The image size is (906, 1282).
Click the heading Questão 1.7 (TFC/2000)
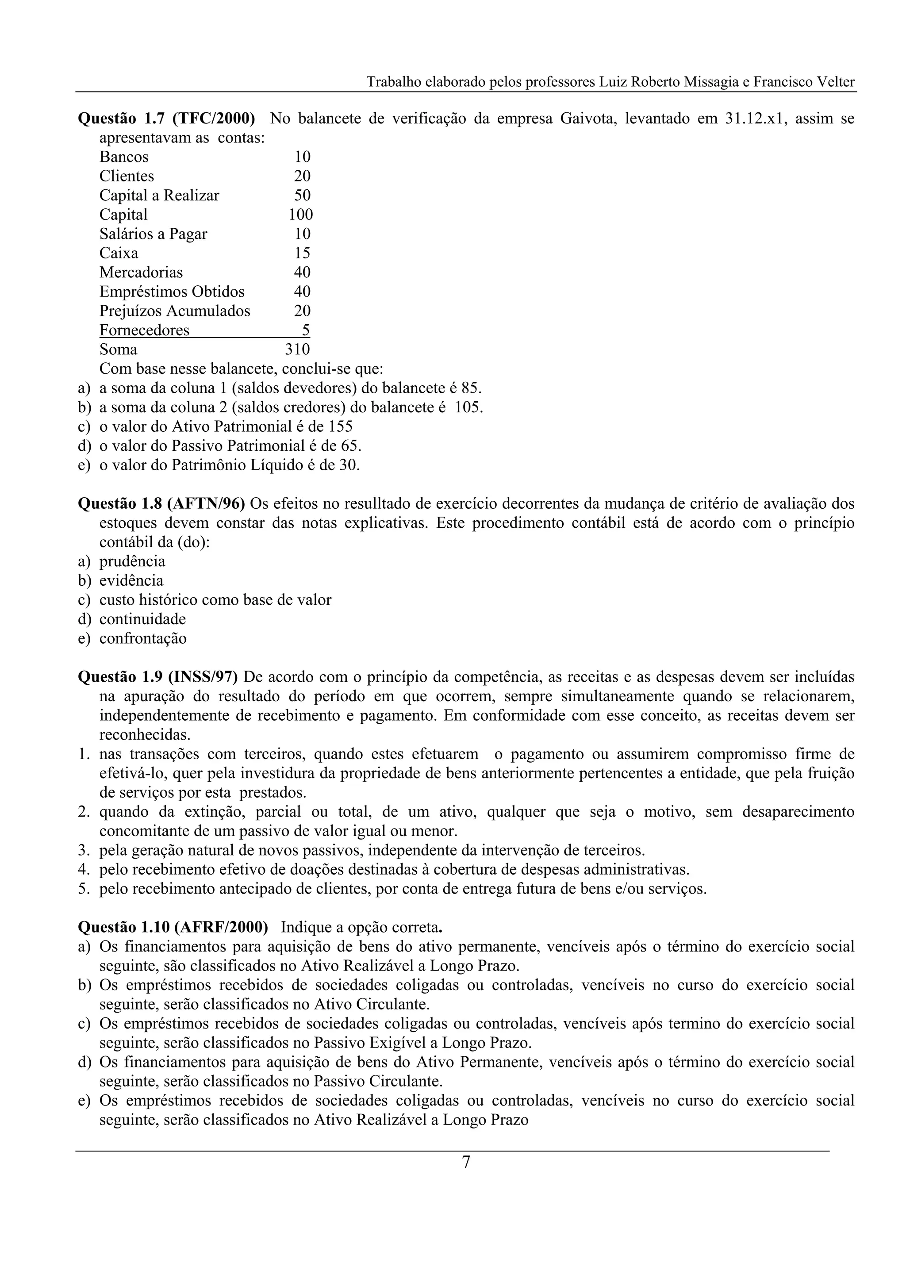(166, 119)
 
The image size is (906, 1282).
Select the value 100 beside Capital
(300, 215)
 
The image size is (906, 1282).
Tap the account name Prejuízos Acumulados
(175, 311)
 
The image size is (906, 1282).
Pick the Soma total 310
(297, 349)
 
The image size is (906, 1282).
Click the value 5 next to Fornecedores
(305, 330)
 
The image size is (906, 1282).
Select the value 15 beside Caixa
(302, 253)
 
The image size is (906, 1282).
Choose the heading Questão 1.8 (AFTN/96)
(161, 503)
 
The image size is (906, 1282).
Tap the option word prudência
(132, 561)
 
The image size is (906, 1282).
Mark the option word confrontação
(143, 638)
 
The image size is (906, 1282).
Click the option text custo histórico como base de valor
(215, 600)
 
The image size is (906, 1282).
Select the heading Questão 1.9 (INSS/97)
(158, 677)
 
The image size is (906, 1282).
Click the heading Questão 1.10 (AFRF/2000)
(173, 928)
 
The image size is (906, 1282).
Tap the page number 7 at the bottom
(466, 1163)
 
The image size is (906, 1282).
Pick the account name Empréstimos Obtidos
(172, 292)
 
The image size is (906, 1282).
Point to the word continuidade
(142, 619)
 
